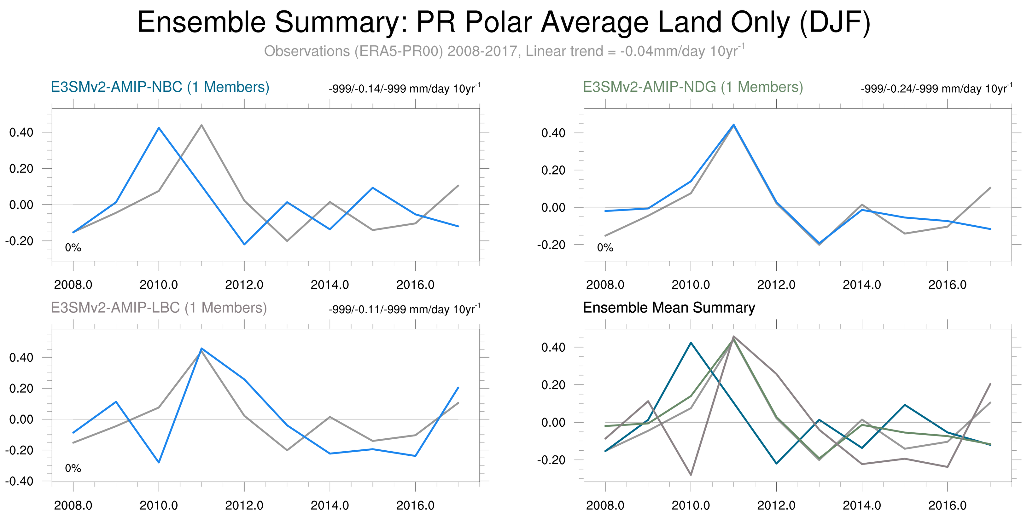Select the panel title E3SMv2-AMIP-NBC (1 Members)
pyautogui.click(x=160, y=87)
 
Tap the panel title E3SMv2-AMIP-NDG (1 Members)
pyautogui.click(x=692, y=87)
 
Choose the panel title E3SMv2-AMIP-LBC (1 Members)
pyautogui.click(x=159, y=308)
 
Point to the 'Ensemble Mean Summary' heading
pyautogui.click(x=668, y=308)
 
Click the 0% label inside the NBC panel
pyautogui.click(x=73, y=247)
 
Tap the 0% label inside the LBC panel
pyautogui.click(x=73, y=468)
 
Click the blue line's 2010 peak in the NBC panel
pyautogui.click(x=159, y=128)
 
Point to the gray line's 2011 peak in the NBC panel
pyautogui.click(x=202, y=125)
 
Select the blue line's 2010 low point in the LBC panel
pyautogui.click(x=159, y=462)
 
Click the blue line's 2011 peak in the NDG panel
pyautogui.click(x=733, y=125)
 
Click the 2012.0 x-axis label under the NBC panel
pyautogui.click(x=244, y=285)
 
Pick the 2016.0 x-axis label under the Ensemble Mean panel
pyautogui.click(x=947, y=505)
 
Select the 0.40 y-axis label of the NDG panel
pyautogui.click(x=553, y=133)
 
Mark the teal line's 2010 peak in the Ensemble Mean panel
pyautogui.click(x=691, y=343)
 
